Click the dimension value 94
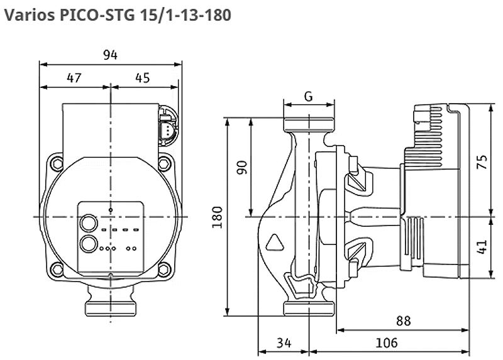tap(110, 55)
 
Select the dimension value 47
tap(74, 78)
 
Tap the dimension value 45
tap(143, 78)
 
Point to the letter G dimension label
tap(308, 96)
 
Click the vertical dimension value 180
tap(218, 217)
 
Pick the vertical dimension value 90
tap(242, 167)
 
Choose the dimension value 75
tap(482, 162)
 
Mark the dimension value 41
tap(482, 247)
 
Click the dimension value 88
tap(403, 320)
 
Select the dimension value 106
tap(387, 342)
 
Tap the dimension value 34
tap(284, 342)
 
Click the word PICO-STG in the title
tap(97, 15)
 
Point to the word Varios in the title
tap(30, 15)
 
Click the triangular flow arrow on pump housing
tap(275, 243)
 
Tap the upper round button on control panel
tap(89, 223)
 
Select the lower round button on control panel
tap(89, 244)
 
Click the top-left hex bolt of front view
tap(58, 163)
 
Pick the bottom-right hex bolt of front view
tap(163, 269)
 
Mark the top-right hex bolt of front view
tap(163, 163)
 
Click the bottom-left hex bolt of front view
tap(58, 269)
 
